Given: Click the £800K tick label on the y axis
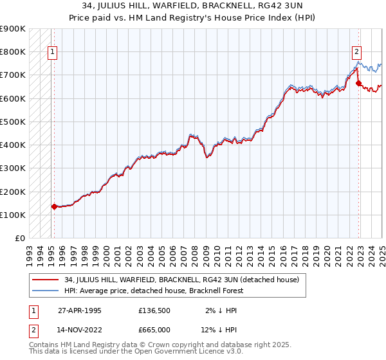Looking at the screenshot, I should (x=12, y=51).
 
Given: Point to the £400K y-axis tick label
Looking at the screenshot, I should (x=12, y=145).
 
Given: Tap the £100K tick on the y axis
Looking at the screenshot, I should (x=12, y=215).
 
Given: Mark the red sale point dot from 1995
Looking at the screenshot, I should (x=54, y=206).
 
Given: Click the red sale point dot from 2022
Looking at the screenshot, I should (x=358, y=83).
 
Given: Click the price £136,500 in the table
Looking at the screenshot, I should (x=154, y=310).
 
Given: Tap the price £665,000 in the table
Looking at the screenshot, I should (x=154, y=329).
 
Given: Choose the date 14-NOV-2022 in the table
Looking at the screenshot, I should (x=80, y=329).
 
